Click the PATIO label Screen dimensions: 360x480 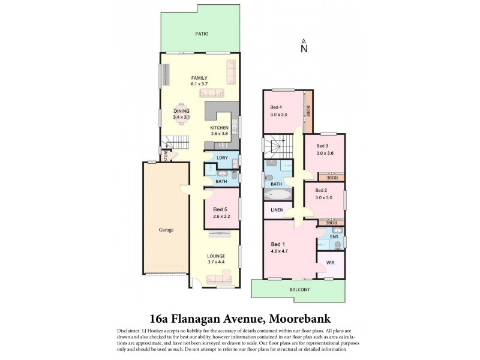[201, 34]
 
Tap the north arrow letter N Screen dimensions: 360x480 [304, 49]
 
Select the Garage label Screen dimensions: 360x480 [166, 229]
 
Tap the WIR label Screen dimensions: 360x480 [330, 263]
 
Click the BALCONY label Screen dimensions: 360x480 [299, 290]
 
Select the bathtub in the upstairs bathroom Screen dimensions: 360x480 [277, 195]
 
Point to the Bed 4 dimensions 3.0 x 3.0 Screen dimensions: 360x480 [279, 115]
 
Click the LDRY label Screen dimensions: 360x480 [221, 158]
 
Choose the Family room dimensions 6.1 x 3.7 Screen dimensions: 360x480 [199, 85]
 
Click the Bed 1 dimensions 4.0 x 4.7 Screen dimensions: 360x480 [280, 251]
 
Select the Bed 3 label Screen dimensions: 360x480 [323, 146]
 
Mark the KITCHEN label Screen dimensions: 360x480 [219, 128]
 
